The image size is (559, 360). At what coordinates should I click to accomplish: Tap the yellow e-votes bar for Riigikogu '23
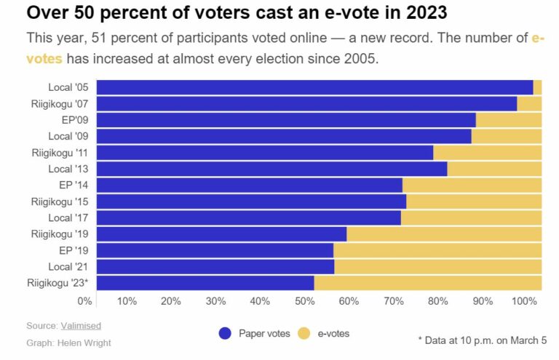pos(427,283)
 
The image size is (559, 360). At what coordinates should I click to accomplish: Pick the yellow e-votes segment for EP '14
pos(472,185)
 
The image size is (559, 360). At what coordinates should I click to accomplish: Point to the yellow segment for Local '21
pos(437,266)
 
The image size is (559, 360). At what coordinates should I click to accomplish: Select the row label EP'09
pos(75,120)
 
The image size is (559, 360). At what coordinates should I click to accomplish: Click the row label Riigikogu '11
pos(60,153)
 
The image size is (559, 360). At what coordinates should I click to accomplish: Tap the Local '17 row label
pos(71,217)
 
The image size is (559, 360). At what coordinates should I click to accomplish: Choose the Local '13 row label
pos(71,169)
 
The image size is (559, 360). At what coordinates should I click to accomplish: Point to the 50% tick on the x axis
pos(304,301)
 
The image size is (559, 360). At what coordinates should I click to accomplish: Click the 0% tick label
pos(84,301)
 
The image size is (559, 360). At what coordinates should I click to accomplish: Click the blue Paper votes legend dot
pos(225,334)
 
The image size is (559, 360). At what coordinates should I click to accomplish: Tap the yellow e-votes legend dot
pos(304,334)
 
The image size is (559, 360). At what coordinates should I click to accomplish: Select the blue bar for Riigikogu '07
pos(306,104)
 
